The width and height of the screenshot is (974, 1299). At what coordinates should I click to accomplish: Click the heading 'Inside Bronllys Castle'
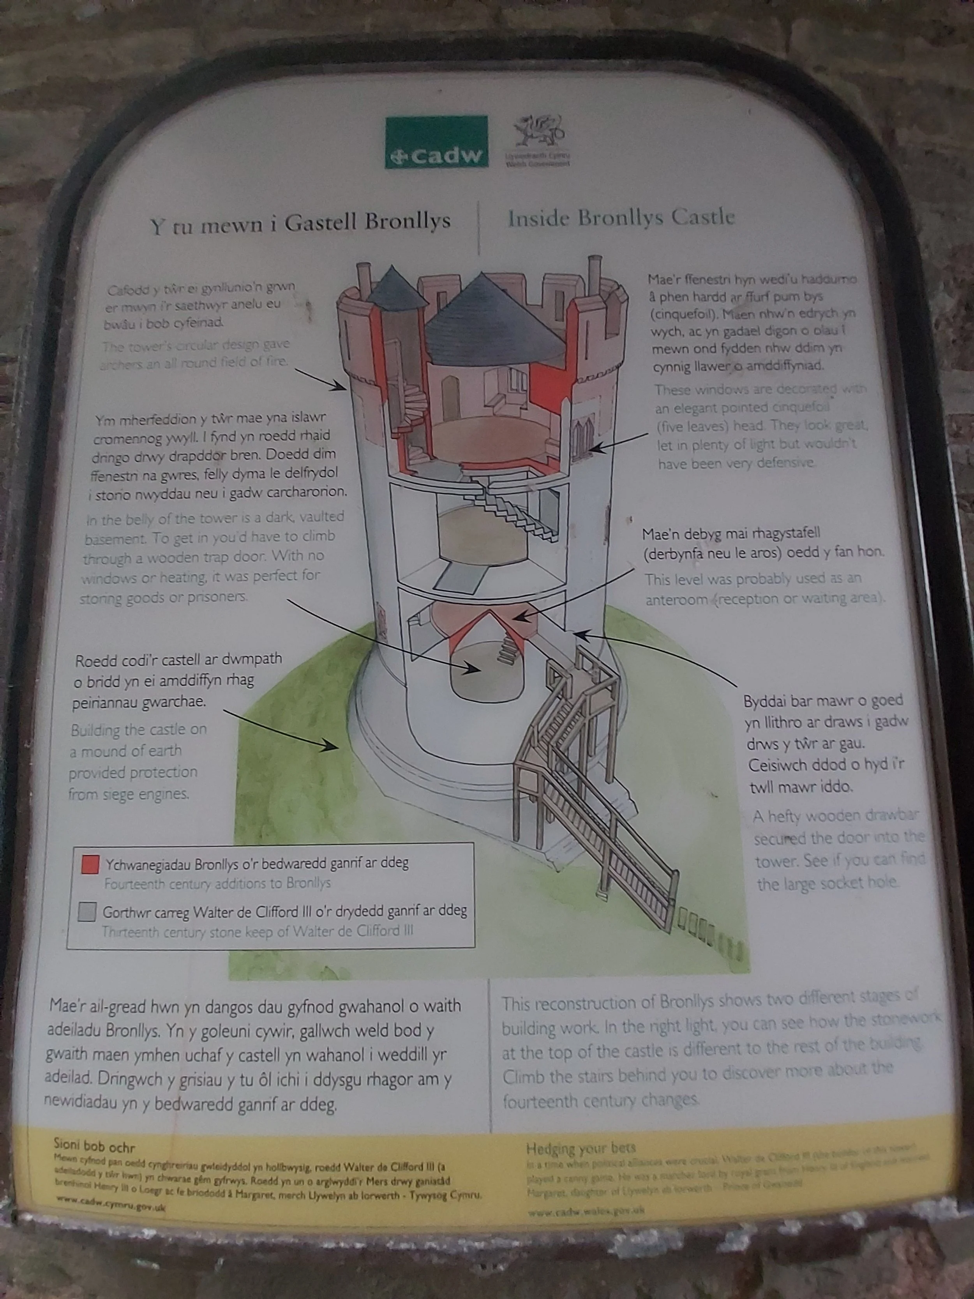pyautogui.click(x=621, y=218)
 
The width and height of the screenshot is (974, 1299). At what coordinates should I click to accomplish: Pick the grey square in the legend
pyautogui.click(x=87, y=912)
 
